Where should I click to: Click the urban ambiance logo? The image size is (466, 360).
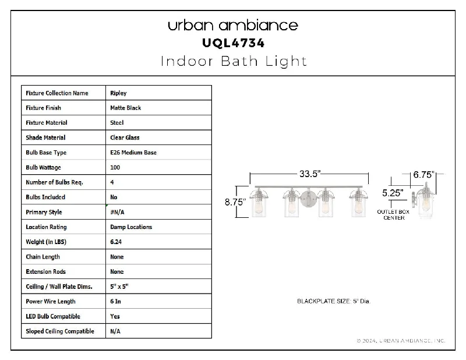(x=232, y=25)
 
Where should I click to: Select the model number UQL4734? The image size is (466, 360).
(x=234, y=43)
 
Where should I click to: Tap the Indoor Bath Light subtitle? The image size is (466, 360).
(x=234, y=61)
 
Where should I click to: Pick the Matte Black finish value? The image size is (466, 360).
(x=125, y=108)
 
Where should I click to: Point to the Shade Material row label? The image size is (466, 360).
(x=45, y=137)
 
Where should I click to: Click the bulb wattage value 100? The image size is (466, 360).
(x=115, y=167)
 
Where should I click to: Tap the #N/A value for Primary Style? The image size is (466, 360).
(x=117, y=212)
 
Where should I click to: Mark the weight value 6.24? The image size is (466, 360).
(x=116, y=242)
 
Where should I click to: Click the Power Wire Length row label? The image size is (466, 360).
(x=51, y=301)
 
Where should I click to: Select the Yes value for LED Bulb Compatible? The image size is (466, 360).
(x=115, y=316)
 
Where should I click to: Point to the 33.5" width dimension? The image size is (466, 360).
(x=310, y=174)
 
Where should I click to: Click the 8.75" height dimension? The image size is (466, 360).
(x=235, y=202)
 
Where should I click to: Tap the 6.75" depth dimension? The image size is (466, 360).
(x=423, y=175)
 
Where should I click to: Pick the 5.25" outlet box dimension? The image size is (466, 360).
(x=393, y=193)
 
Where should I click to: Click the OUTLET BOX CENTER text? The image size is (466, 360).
(x=393, y=214)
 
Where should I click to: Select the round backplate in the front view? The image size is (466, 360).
(x=309, y=199)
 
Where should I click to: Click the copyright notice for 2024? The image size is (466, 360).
(x=401, y=341)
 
